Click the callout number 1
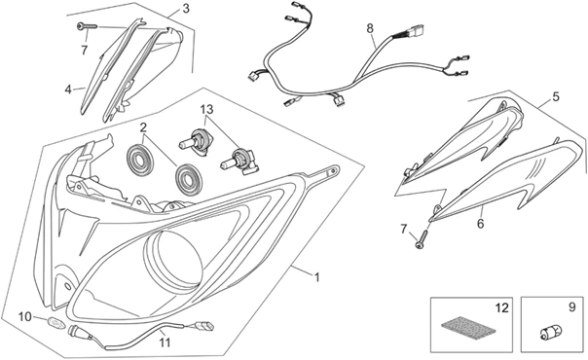click(317, 277)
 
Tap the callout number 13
click(206, 109)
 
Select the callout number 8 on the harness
click(370, 27)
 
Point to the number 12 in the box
click(502, 307)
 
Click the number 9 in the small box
click(571, 307)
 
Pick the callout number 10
click(25, 317)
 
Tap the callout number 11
click(165, 342)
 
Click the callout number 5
click(555, 96)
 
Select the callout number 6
click(480, 224)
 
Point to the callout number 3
click(186, 8)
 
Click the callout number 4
click(68, 90)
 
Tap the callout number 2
click(143, 127)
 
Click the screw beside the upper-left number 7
click(87, 26)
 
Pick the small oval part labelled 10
click(55, 322)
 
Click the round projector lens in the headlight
click(174, 261)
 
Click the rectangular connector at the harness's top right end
click(417, 30)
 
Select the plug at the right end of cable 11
click(205, 325)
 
